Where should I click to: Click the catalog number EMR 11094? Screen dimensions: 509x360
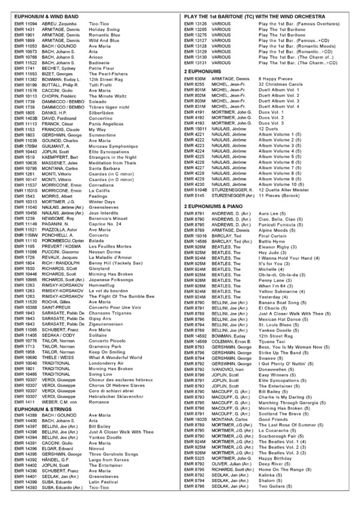pyautogui.click(x=25, y=23)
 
